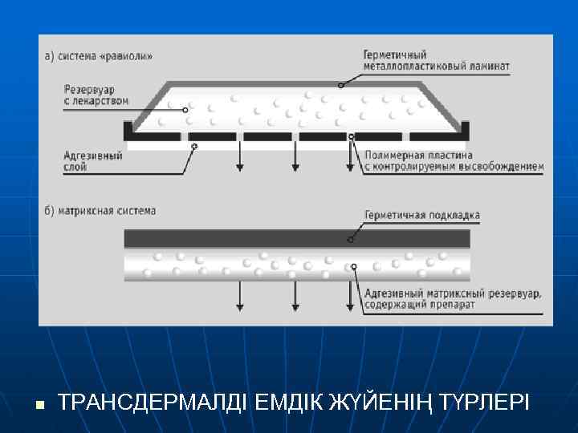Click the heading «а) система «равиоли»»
coord(97,56)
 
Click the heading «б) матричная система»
coord(100,211)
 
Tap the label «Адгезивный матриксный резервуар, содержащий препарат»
coord(453,299)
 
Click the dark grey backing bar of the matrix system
coord(297,238)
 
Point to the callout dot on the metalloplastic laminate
coord(340,84)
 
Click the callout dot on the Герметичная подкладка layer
coord(349,239)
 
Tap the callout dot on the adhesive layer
coord(194,146)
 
